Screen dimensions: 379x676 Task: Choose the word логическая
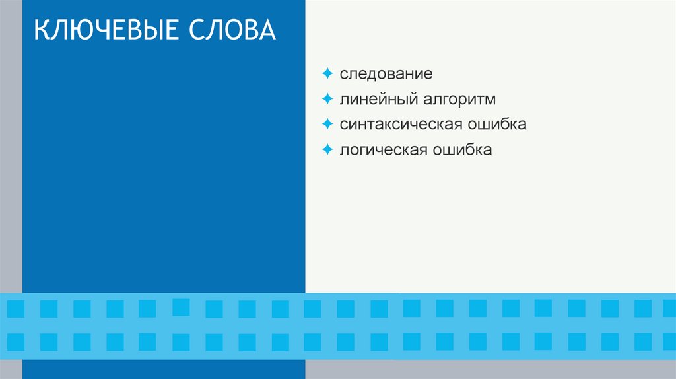click(x=384, y=150)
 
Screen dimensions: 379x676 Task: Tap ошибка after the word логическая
click(x=462, y=150)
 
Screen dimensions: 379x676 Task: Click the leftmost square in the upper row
click(x=16, y=308)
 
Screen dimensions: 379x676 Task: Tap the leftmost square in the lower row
click(x=16, y=341)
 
